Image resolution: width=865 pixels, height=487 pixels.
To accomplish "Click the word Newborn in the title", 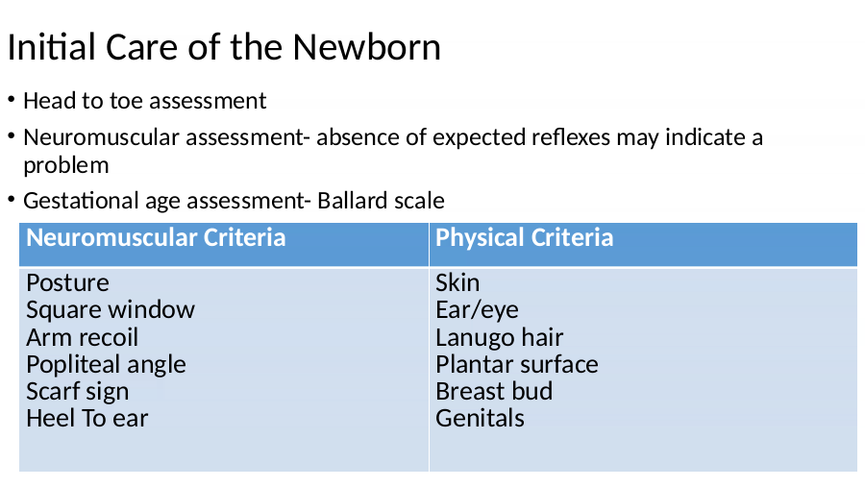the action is click(x=366, y=47).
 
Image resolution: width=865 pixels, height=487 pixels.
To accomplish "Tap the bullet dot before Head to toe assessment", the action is click(x=12, y=100).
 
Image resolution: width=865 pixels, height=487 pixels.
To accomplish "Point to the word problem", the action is click(x=65, y=166).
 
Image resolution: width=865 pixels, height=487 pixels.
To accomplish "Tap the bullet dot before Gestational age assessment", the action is click(x=12, y=200).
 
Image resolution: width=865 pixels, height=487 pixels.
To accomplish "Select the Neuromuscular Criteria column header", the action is click(x=156, y=237).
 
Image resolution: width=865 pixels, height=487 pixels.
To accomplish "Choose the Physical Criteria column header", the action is click(x=524, y=237).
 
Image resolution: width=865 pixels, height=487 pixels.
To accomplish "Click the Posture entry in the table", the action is click(x=67, y=283).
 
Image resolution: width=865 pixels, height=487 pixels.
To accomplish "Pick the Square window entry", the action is click(x=111, y=310).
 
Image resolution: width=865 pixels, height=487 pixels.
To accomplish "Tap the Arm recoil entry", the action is click(x=82, y=337).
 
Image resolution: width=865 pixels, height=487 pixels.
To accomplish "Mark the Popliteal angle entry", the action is click(x=106, y=365).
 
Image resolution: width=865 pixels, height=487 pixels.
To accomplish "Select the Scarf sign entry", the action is click(x=77, y=392).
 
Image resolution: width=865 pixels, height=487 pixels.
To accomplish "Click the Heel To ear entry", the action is click(x=87, y=419).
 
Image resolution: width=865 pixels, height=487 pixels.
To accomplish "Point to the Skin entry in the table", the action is click(x=457, y=283).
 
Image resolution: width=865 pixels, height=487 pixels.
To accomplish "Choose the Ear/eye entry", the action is click(x=477, y=310).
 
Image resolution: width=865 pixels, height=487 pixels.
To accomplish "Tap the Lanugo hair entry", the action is click(x=499, y=337).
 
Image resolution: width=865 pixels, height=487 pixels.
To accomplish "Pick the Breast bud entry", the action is click(x=494, y=392).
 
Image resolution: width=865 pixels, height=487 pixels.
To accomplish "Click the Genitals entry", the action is click(x=480, y=419).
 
